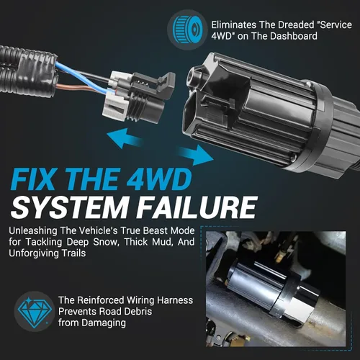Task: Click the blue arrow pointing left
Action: pyautogui.click(x=125, y=138)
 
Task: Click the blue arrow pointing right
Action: pyautogui.click(x=197, y=155)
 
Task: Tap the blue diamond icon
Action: pyautogui.click(x=35, y=312)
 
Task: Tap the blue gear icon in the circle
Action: pyautogui.click(x=187, y=30)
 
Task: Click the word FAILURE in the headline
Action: pyautogui.click(x=197, y=207)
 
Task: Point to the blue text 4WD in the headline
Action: pyautogui.click(x=158, y=178)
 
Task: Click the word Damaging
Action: pyautogui.click(x=104, y=323)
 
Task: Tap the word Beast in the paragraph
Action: pyautogui.click(x=156, y=230)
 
